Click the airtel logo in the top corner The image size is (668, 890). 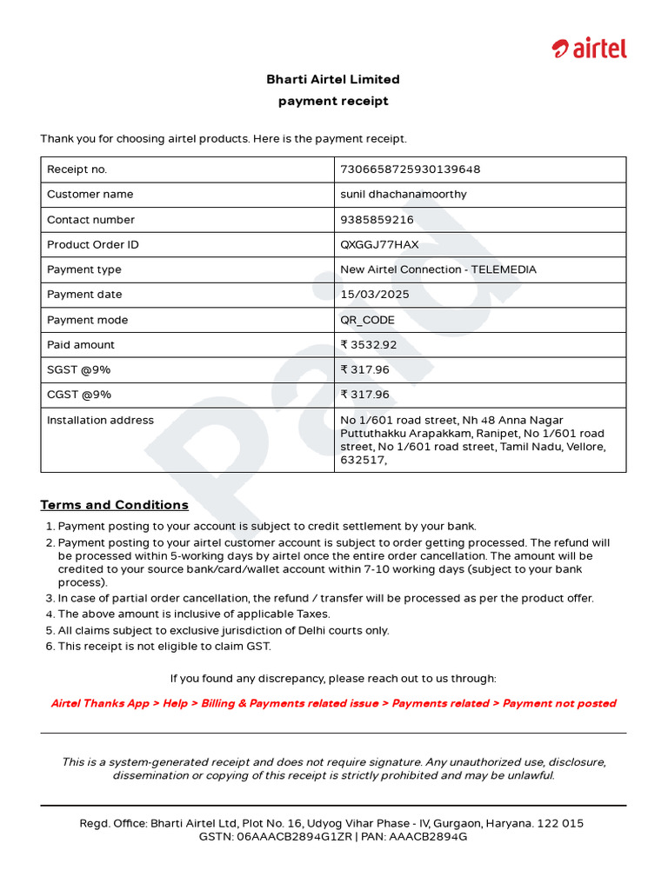589,50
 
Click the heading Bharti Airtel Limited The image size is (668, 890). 333,79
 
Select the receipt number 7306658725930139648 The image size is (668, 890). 410,169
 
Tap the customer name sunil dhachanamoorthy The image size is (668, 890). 403,195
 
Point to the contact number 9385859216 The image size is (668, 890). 377,220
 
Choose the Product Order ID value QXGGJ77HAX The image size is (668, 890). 379,245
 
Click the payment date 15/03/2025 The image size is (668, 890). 374,295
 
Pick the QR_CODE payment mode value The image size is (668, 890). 367,320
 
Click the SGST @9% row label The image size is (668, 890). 78,370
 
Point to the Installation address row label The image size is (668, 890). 100,421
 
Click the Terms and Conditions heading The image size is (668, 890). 114,505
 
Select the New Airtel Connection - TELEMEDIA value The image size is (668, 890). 438,269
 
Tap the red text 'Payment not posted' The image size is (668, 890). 559,704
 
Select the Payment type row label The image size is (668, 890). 84,269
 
